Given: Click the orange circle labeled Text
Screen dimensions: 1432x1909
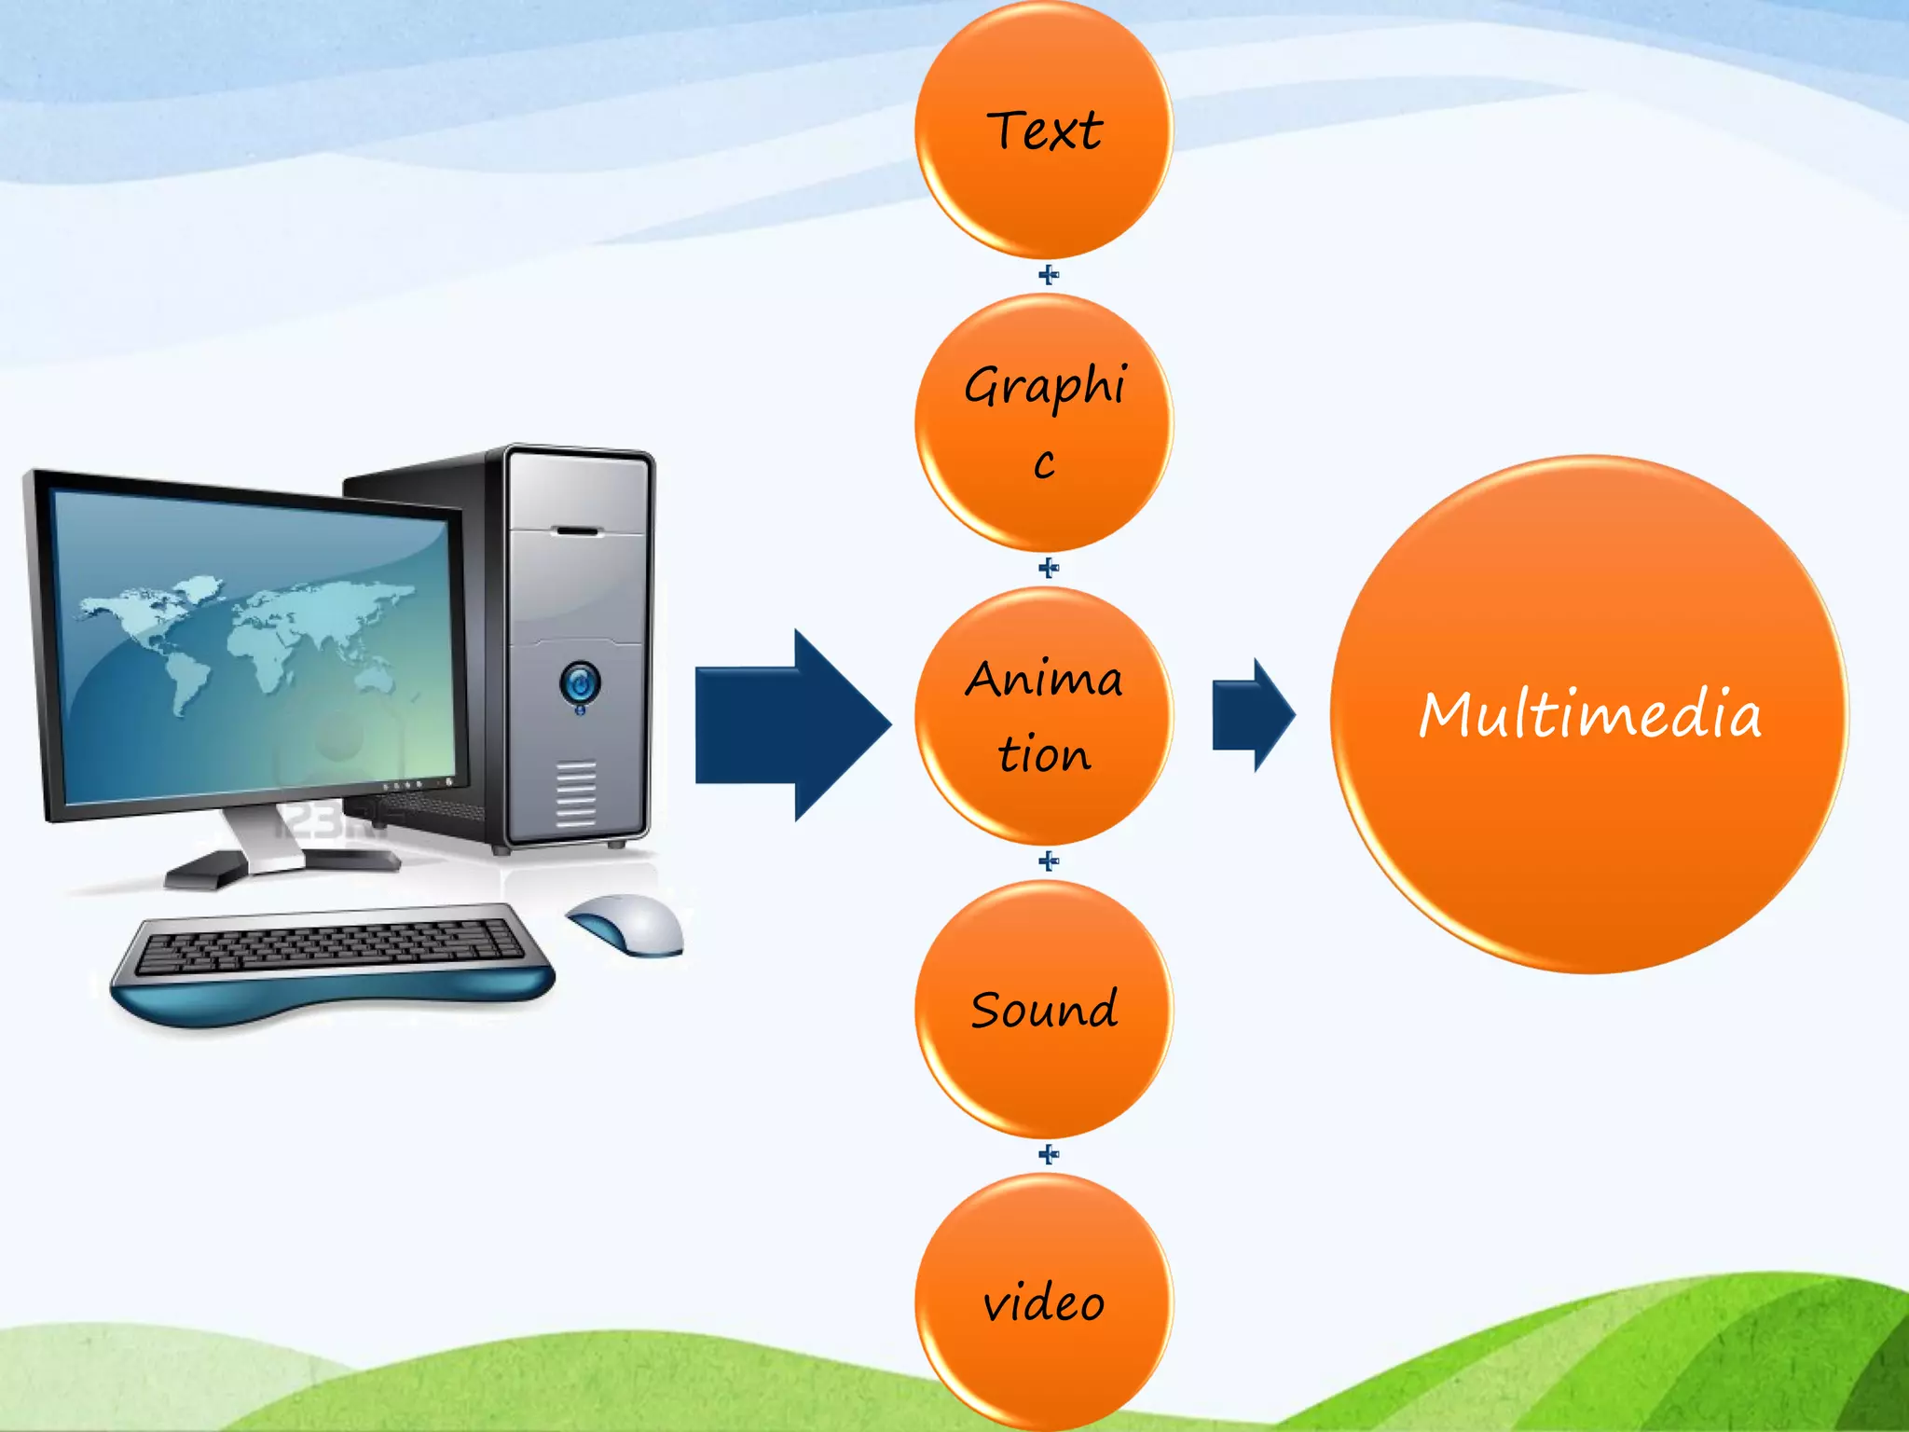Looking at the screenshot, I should [x=1044, y=131].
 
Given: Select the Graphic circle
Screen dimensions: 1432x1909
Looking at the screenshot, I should [x=1044, y=421].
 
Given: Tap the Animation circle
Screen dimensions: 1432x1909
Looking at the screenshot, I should [x=1044, y=715].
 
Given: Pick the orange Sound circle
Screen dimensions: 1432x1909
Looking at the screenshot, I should [x=1044, y=1009].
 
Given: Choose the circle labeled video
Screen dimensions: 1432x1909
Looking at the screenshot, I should [x=1044, y=1302].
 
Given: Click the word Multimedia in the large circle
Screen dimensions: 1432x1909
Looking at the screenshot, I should [x=1589, y=715].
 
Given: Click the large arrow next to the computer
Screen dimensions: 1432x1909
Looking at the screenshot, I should [x=792, y=725].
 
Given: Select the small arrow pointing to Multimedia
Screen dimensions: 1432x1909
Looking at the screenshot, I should [x=1253, y=715].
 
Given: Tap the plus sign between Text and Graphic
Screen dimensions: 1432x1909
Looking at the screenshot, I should [x=1049, y=275].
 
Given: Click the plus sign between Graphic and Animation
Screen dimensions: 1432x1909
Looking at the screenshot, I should [x=1049, y=568].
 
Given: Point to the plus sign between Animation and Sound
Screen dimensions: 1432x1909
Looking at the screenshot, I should [x=1049, y=861].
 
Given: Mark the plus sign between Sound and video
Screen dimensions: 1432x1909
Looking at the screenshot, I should [x=1049, y=1155].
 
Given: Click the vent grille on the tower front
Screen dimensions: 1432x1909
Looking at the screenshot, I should [x=576, y=792].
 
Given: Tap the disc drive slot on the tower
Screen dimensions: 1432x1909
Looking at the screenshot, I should [x=578, y=531].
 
